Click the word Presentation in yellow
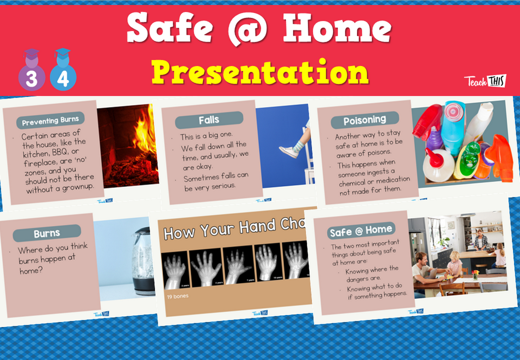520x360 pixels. [260, 72]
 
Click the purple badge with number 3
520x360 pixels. [31, 75]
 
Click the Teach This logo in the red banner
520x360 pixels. [485, 81]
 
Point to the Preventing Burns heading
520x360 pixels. [50, 120]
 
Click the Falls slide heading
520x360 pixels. [209, 120]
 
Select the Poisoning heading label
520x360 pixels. [365, 120]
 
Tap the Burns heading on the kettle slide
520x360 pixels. [47, 234]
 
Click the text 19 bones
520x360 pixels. [177, 297]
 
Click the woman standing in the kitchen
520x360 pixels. [479, 238]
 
